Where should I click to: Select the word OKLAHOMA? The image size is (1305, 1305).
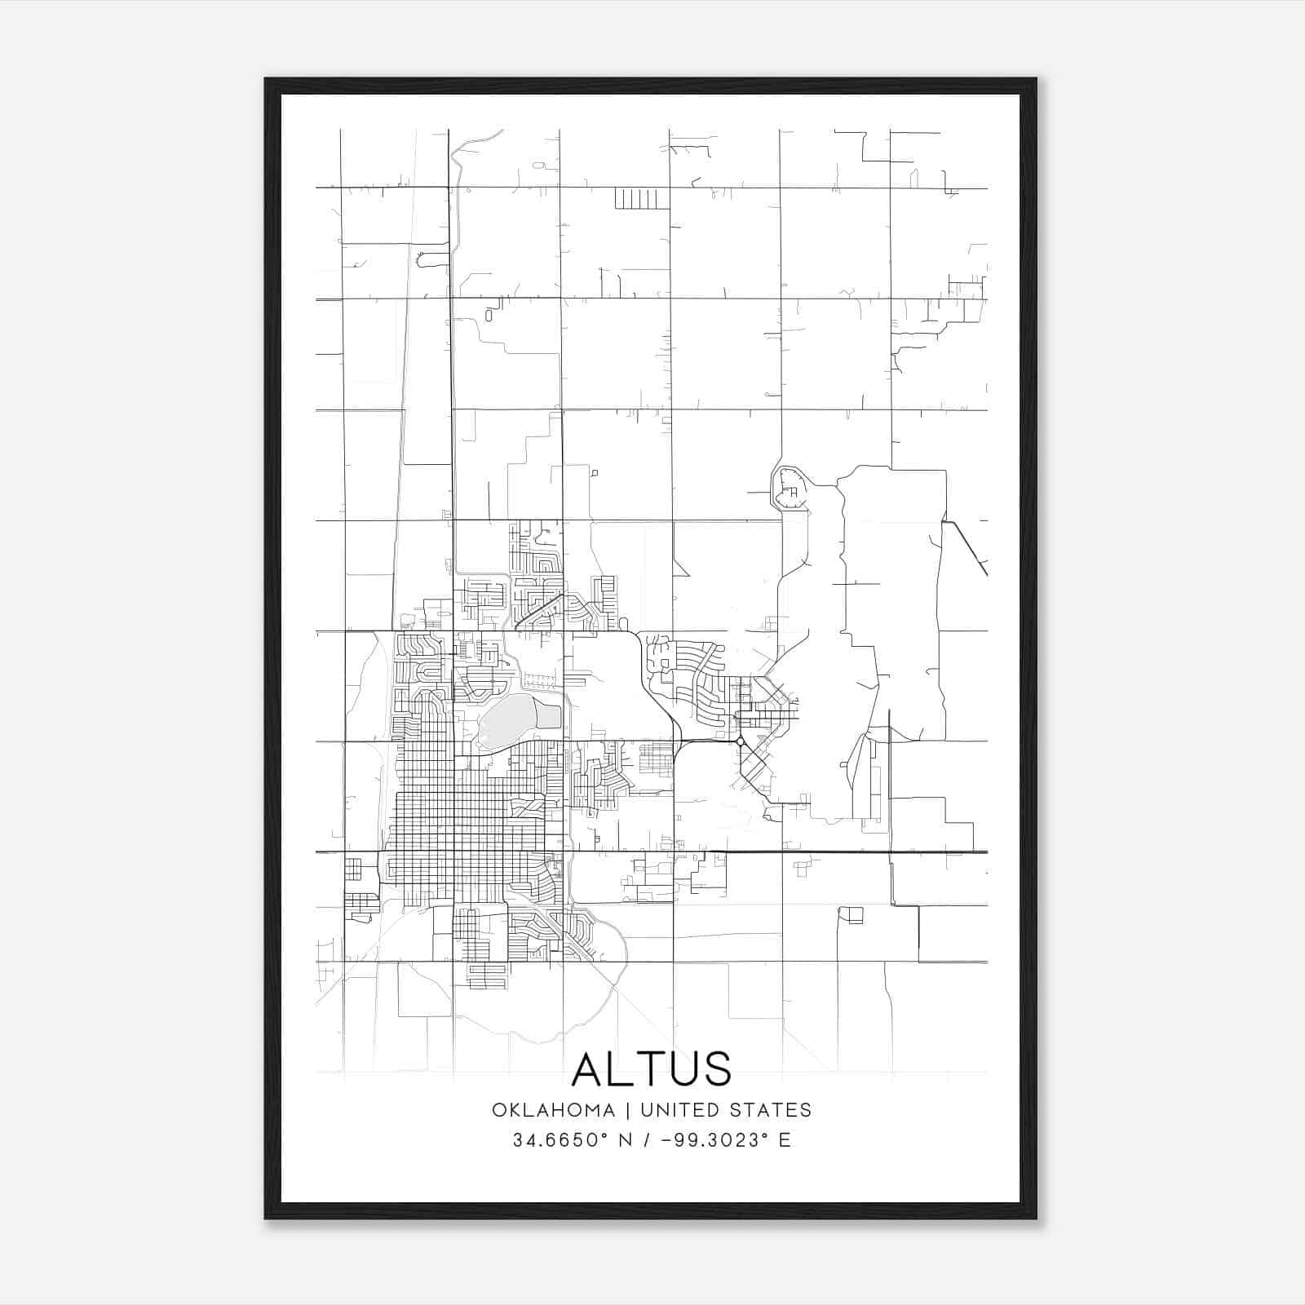point(553,1110)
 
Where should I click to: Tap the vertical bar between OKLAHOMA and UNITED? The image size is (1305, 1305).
point(628,1110)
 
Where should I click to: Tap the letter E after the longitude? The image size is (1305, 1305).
point(785,1140)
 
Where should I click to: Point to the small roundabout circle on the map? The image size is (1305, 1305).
point(739,741)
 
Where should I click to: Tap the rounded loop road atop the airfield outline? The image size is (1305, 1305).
point(789,489)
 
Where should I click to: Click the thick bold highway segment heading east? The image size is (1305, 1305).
point(848,852)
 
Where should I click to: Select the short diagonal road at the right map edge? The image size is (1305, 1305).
point(967,548)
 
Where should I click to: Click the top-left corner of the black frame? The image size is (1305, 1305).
point(267,80)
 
